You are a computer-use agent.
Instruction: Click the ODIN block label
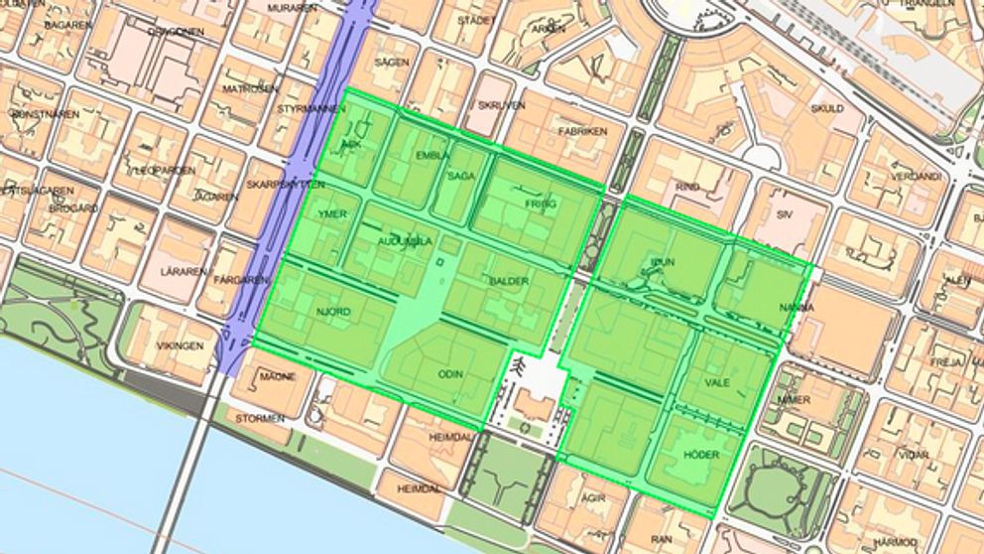(x=451, y=374)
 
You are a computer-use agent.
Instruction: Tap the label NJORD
(x=333, y=313)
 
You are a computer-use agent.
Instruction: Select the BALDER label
(x=509, y=281)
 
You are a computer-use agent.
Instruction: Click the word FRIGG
(x=541, y=204)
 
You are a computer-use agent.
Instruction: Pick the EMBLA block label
(x=432, y=156)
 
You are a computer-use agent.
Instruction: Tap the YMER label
(x=331, y=214)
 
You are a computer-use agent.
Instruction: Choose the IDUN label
(x=662, y=261)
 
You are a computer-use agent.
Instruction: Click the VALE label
(x=716, y=381)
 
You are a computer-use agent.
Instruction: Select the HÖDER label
(x=701, y=455)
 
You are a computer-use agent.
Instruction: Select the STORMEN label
(x=260, y=419)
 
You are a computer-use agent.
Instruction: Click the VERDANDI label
(x=915, y=177)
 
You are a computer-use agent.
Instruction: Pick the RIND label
(x=686, y=186)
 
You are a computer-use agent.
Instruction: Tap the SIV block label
(x=786, y=213)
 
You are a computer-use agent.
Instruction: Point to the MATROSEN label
(x=251, y=88)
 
